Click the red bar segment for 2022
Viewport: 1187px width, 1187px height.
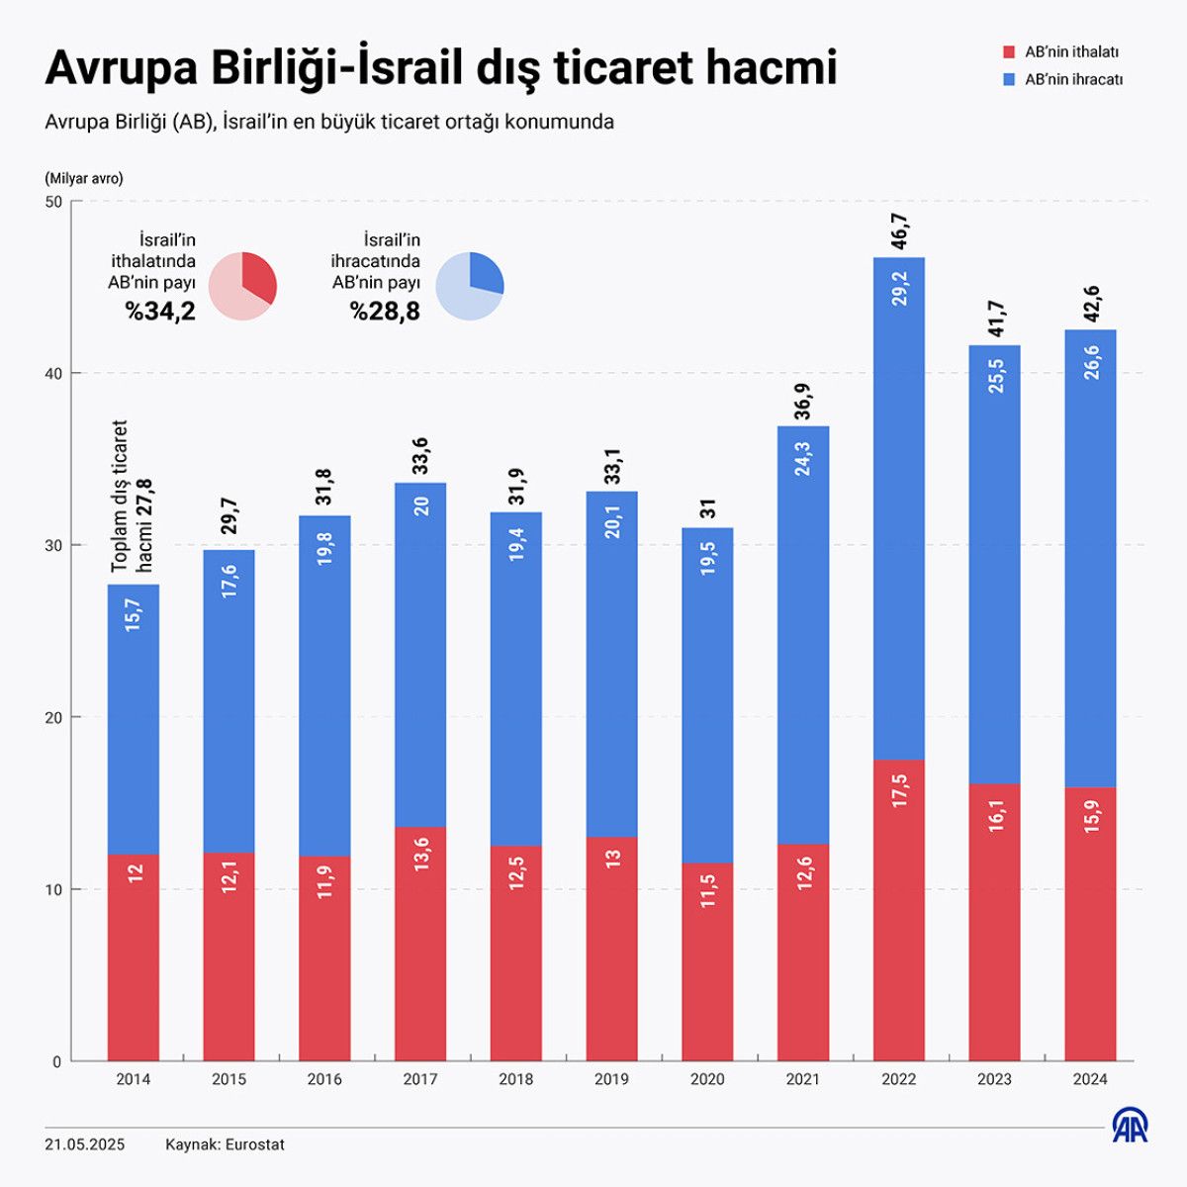coord(898,910)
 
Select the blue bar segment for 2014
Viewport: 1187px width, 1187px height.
coord(134,719)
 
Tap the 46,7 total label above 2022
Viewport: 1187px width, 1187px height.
coord(899,231)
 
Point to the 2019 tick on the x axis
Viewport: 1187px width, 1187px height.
coord(611,1079)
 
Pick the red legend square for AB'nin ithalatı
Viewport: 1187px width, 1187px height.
coord(1009,51)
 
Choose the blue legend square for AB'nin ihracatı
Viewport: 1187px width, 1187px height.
coord(1009,79)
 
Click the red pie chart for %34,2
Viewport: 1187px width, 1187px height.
coord(243,286)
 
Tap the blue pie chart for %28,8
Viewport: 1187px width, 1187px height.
coord(470,286)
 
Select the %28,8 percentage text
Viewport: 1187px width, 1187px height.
coord(385,312)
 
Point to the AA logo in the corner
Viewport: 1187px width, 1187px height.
coord(1131,1125)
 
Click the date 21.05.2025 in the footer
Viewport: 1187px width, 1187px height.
coord(85,1144)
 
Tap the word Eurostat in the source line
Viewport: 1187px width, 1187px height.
coord(254,1144)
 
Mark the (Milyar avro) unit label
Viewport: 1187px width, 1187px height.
coord(84,179)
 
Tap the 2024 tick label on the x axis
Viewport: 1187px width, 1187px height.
coord(1090,1079)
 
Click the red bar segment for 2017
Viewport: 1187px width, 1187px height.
coord(420,945)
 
